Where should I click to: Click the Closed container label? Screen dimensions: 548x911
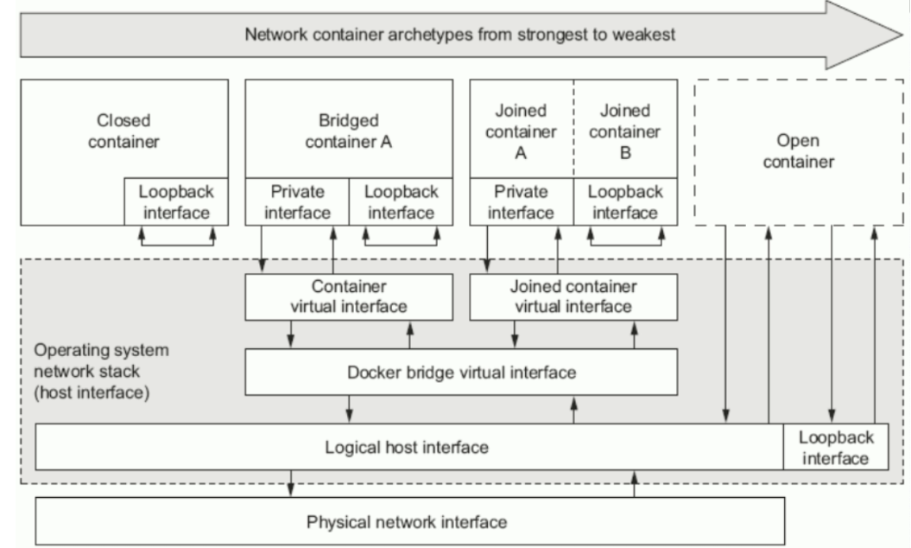123,131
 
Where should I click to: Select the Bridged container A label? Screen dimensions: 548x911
349,131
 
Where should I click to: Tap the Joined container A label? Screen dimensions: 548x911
521,131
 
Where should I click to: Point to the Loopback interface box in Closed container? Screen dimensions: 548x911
175,201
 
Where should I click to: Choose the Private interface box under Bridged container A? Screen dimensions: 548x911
297,201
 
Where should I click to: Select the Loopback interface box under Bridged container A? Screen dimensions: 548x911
400,201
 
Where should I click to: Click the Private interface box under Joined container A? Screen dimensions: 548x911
521,201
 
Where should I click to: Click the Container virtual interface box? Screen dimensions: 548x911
349,296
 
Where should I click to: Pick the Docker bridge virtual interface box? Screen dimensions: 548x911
462,373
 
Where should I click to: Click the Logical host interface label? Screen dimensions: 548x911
407,448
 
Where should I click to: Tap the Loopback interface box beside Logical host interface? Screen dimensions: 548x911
836,447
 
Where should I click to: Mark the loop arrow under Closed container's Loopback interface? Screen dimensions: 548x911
175,243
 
